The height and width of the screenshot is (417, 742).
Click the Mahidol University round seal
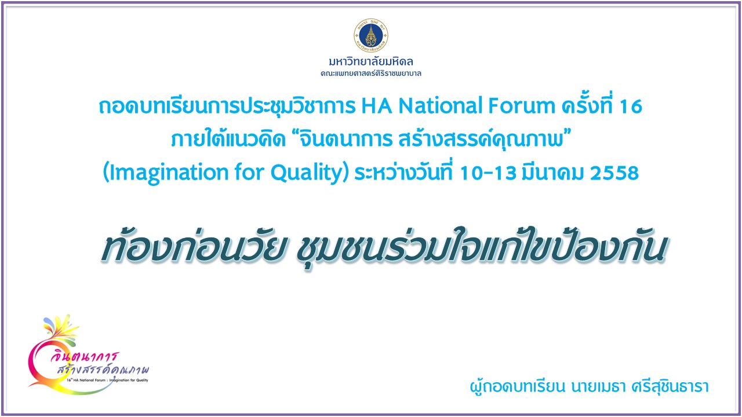click(370, 35)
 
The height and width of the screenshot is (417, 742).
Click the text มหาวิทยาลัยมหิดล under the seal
click(370, 61)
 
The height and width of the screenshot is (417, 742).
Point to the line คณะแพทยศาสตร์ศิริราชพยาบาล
click(370, 74)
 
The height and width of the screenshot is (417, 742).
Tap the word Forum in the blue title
click(522, 106)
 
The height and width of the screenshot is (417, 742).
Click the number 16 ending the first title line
click(631, 107)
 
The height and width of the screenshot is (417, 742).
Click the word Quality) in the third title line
click(310, 173)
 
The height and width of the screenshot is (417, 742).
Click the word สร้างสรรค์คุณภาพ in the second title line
click(481, 138)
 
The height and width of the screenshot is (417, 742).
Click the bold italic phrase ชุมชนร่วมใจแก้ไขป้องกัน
click(481, 247)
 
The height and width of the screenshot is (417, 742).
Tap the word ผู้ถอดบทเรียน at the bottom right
click(517, 386)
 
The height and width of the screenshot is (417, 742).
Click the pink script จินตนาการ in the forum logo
click(85, 357)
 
